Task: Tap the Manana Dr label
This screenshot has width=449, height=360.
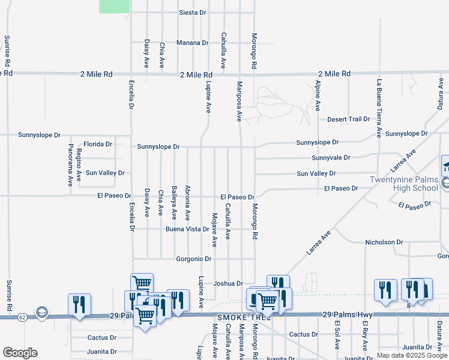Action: pyautogui.click(x=192, y=43)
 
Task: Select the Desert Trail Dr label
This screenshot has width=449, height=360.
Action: pyautogui.click(x=348, y=119)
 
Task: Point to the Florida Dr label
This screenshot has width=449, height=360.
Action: pyautogui.click(x=98, y=144)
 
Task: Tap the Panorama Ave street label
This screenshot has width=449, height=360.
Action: pyautogui.click(x=70, y=163)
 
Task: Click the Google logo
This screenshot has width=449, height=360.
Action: pyautogui.click(x=20, y=352)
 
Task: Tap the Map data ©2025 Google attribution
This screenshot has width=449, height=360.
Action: pyautogui.click(x=412, y=355)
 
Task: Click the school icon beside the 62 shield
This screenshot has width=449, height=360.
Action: pyautogui.click(x=41, y=312)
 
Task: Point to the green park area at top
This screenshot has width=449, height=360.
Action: pyautogui.click(x=114, y=6)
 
